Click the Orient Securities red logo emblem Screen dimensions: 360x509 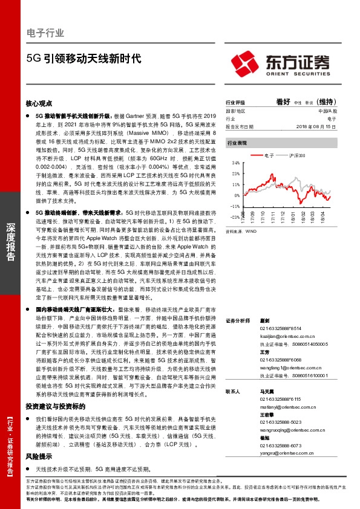[x=244, y=61]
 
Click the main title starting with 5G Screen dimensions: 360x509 [x=83, y=59]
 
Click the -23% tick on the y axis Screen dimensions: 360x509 [x=235, y=216]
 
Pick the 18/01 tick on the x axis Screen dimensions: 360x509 [x=290, y=216]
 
